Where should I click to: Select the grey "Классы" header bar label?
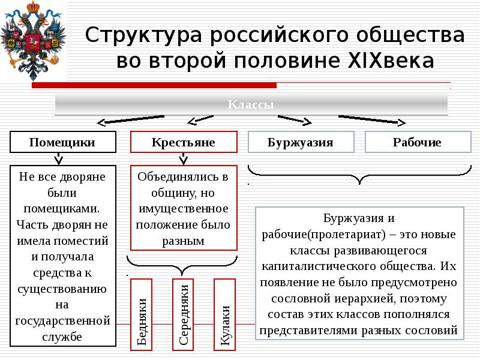click(251, 104)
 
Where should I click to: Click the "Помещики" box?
click(62, 143)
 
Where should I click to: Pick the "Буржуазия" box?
click(300, 143)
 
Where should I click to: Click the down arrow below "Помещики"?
click(58, 160)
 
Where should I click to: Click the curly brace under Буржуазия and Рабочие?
click(359, 176)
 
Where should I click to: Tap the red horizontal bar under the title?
click(154, 85)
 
